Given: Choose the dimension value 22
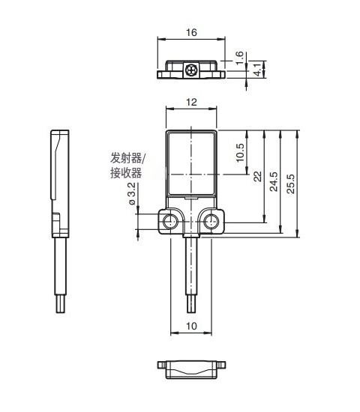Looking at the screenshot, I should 257,176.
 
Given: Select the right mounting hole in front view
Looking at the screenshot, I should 212,222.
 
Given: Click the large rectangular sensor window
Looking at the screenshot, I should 192,162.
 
